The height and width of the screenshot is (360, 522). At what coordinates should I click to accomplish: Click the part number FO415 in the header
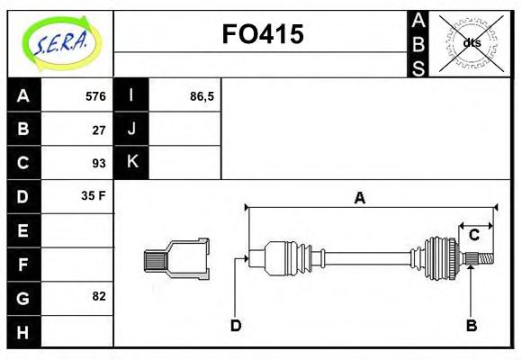point(262,34)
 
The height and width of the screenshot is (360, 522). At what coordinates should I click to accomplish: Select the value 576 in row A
point(95,96)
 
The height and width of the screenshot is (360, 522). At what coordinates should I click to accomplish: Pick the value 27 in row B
point(99,130)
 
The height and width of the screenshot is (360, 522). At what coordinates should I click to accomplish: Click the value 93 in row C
point(99,163)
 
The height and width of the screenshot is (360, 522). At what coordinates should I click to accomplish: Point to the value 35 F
point(94,195)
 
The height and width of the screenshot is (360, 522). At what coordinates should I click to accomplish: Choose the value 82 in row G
point(99,295)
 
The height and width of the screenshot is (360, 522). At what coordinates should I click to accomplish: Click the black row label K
point(131,163)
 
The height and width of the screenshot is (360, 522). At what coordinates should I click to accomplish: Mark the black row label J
point(131,130)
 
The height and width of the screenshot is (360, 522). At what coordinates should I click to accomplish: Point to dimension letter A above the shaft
point(359,198)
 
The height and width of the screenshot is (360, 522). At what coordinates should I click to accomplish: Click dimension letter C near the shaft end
point(473,236)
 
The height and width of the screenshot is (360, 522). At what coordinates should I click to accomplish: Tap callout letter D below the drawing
point(235,325)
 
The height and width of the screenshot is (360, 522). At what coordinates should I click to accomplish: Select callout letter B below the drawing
point(470,325)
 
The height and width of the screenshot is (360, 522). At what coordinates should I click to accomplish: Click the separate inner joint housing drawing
point(177,258)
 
